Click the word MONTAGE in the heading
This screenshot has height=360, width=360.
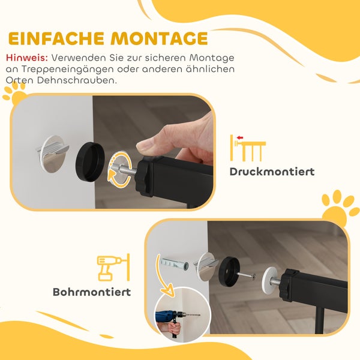point(157,38)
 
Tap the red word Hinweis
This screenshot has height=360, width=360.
point(26,58)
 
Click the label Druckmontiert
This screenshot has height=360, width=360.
point(272,172)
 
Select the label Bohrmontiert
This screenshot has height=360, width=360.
point(92,292)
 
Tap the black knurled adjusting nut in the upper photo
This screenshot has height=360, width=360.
point(145,176)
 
